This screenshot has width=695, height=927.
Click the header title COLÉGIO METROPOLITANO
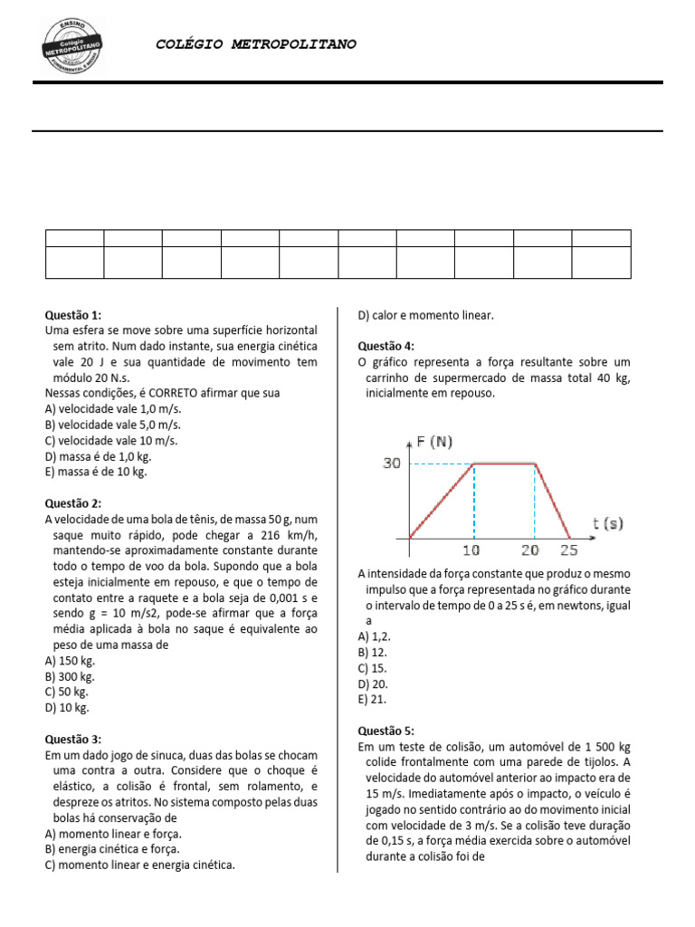[256, 43]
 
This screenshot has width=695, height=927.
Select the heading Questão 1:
[73, 315]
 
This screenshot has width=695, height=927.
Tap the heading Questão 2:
[73, 502]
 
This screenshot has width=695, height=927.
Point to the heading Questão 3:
[73, 739]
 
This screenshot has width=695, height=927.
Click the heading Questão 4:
[386, 346]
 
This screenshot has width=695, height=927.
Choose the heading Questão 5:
[386, 731]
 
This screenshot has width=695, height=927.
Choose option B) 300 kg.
[70, 676]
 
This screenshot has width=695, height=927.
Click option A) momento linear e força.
[112, 833]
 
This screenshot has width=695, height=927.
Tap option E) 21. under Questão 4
[373, 699]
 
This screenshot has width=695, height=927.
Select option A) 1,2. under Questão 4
[375, 636]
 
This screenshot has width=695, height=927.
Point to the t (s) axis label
[607, 522]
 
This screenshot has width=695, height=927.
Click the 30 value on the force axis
[391, 463]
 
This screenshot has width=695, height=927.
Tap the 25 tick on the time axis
[569, 550]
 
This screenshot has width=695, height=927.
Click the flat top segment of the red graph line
[504, 463]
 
